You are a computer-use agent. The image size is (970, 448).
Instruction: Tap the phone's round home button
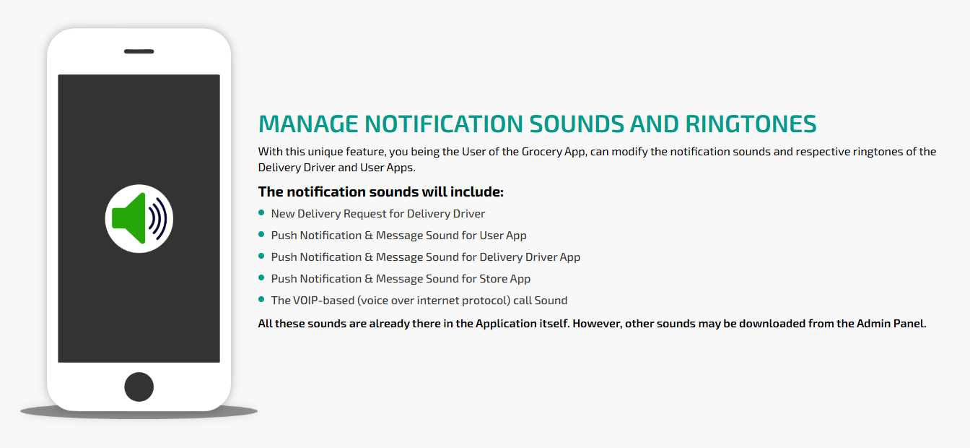[139, 387]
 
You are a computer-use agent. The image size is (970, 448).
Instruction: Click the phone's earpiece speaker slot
[139, 51]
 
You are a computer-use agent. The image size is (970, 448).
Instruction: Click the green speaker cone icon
[128, 218]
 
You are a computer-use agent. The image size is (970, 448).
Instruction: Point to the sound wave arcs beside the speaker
[157, 218]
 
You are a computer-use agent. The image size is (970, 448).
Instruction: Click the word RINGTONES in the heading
[751, 124]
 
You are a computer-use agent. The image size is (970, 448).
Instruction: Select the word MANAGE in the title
[308, 124]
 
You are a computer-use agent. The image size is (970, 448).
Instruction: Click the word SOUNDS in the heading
[576, 124]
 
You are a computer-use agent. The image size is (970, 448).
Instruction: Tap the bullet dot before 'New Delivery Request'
[261, 212]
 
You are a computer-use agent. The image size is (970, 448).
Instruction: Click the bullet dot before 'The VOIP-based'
[261, 299]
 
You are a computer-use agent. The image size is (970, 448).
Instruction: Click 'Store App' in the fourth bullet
[505, 279]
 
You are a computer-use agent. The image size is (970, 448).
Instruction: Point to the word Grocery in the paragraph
[541, 152]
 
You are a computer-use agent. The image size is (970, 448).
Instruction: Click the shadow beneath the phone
[139, 413]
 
